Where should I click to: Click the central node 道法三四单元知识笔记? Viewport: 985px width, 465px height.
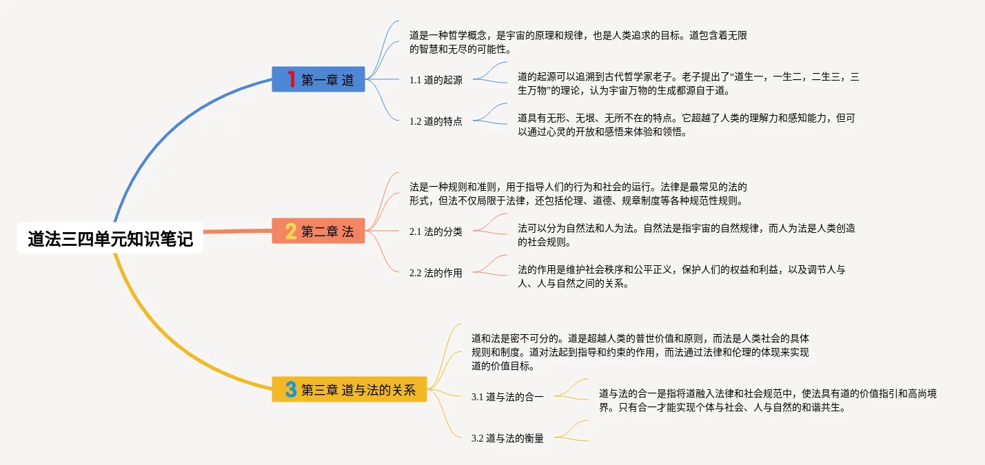(110, 238)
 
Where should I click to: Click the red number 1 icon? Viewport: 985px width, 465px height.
(292, 80)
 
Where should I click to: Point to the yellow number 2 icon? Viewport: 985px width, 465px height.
(291, 231)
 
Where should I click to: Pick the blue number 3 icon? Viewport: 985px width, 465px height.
(291, 390)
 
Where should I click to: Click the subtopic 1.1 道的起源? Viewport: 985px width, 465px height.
(436, 80)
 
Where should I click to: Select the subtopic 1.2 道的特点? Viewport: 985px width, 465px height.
(436, 121)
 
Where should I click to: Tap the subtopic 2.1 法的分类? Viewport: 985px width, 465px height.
(436, 231)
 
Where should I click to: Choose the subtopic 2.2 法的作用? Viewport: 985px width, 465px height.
(436, 273)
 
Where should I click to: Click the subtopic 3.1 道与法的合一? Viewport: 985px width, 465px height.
(507, 397)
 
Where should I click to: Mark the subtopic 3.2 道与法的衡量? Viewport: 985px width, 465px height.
(507, 438)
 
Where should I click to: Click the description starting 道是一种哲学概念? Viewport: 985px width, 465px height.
(578, 42)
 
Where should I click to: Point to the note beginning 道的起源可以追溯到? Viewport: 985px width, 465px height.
(688, 83)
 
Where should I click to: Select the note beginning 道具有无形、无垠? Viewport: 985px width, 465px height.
(687, 125)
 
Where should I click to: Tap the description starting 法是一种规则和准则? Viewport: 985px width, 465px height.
(578, 194)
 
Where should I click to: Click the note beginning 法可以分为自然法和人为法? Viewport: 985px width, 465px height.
(687, 235)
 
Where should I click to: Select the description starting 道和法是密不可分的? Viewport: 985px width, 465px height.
(640, 352)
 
